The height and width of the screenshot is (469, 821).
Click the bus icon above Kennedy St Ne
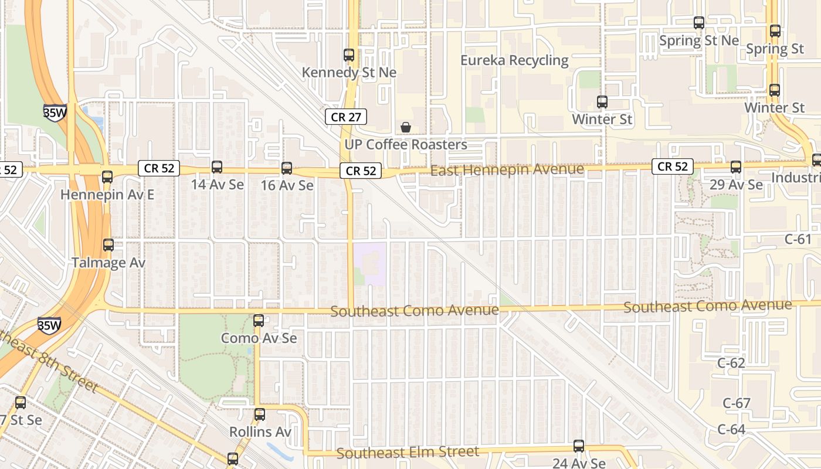coord(349,55)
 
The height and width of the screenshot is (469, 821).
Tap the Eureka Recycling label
coord(514,60)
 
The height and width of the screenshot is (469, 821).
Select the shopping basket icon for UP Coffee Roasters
coord(405,127)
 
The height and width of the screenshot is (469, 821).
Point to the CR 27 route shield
coord(346,117)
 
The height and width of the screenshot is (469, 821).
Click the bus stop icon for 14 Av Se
coord(217,167)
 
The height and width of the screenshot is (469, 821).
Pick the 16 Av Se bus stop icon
coord(287,168)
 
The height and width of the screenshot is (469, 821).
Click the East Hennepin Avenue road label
coord(507,170)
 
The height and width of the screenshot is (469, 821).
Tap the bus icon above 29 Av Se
coord(736,167)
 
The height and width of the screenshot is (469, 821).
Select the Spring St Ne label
coord(699,40)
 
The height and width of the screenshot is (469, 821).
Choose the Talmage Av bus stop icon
coord(108,245)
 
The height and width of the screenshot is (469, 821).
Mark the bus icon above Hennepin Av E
coord(107,177)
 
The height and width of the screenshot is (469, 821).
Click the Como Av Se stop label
coord(259,338)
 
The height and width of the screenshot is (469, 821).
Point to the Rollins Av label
coord(260,432)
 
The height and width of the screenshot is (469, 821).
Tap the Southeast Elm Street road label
coord(408,453)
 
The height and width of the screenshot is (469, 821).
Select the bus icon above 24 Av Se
coord(579,446)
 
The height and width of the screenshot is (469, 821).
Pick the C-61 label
coord(798,239)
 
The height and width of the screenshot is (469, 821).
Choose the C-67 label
coord(737,403)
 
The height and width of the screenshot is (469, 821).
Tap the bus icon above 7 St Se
coord(21,403)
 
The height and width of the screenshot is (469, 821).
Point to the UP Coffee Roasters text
coord(405,145)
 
